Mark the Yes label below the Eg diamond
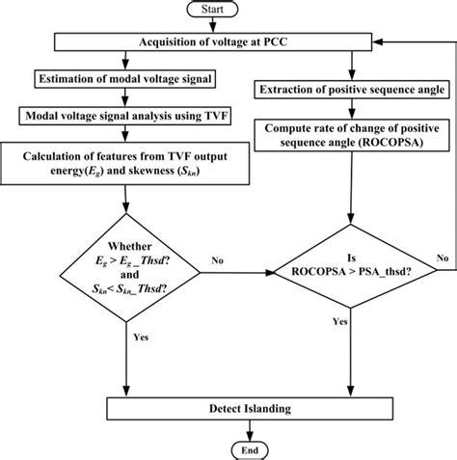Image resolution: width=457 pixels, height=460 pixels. click(141, 340)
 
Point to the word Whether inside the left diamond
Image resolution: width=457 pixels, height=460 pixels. click(126, 246)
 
